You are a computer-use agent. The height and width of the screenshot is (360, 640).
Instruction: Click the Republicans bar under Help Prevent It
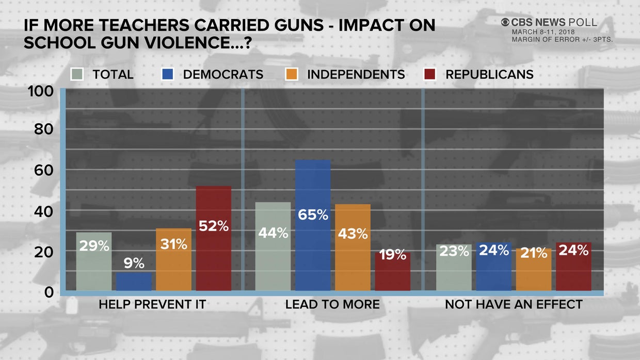[214, 238]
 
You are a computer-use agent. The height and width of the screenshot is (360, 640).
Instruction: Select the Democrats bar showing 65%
[313, 225]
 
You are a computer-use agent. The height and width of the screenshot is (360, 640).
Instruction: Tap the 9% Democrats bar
[134, 281]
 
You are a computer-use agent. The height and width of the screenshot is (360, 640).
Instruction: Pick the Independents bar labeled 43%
[353, 248]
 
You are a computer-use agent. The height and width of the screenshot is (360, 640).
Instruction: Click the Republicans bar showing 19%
[393, 271]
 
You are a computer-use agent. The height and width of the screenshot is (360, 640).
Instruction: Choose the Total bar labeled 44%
[273, 246]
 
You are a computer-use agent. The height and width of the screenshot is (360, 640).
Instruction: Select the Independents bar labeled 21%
[533, 269]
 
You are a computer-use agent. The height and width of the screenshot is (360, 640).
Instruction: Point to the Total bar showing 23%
[454, 267]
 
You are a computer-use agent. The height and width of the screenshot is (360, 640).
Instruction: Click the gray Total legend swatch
[77, 74]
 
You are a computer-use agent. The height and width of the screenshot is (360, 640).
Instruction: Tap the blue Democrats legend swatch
[167, 74]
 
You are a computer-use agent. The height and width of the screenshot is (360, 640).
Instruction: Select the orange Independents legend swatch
[291, 74]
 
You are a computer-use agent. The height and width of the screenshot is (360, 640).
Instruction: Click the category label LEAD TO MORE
[332, 305]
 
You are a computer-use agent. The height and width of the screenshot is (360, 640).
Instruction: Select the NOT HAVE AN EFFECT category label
[514, 305]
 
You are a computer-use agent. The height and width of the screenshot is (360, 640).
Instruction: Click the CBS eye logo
[505, 22]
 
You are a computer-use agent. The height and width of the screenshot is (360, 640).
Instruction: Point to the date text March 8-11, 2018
[540, 32]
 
